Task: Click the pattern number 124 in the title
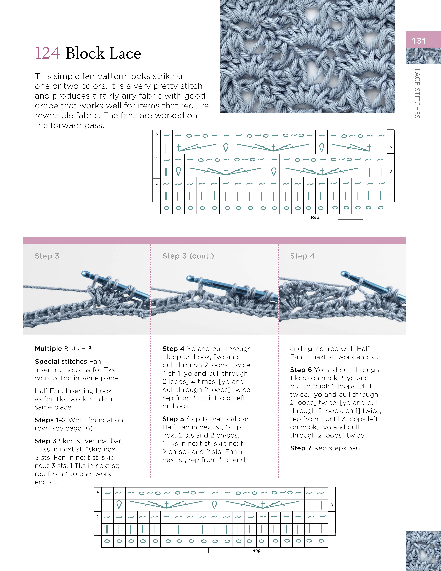(x=47, y=53)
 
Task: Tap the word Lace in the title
(x=125, y=53)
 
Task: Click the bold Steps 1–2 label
(x=50, y=420)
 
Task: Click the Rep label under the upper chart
(x=315, y=217)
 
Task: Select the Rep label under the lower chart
(x=256, y=550)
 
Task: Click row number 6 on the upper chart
(x=157, y=134)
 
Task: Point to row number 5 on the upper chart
(x=391, y=147)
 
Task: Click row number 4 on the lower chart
(x=98, y=492)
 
